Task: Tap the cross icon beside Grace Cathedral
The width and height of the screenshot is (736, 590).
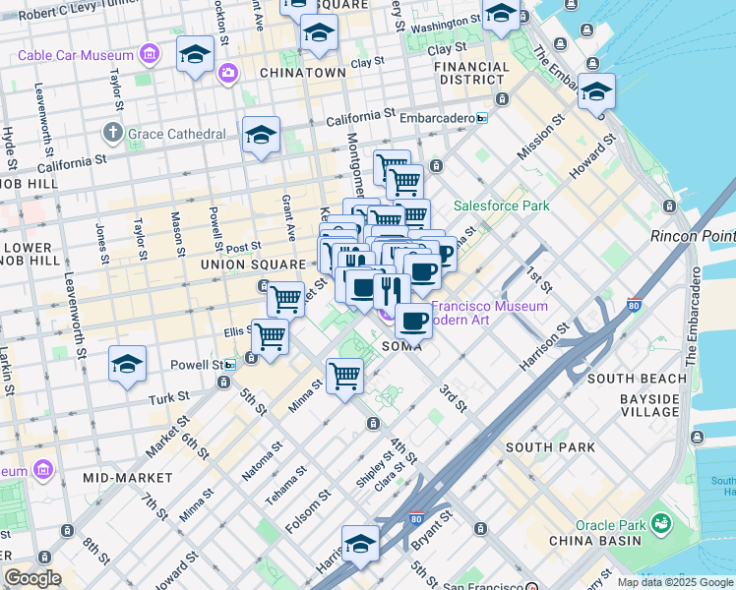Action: click(x=113, y=132)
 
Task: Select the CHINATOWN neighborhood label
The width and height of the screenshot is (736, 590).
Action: click(x=302, y=73)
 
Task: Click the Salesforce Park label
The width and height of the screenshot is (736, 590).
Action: click(x=501, y=206)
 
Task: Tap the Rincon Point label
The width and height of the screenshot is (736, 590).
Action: click(x=693, y=236)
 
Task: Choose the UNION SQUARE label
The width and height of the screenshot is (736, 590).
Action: click(x=253, y=265)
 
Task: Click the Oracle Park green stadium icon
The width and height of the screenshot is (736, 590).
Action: click(x=659, y=520)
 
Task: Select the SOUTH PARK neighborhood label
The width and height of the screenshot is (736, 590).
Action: click(x=550, y=447)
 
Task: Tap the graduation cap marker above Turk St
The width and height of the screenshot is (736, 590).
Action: click(x=127, y=365)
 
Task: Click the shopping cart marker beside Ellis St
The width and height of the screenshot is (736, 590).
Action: click(x=270, y=336)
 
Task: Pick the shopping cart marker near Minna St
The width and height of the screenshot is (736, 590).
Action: click(x=343, y=376)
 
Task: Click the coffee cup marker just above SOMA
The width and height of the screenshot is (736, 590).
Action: click(x=413, y=320)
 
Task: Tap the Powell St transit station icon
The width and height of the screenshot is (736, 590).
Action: click(x=230, y=364)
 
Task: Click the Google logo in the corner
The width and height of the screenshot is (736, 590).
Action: click(x=31, y=578)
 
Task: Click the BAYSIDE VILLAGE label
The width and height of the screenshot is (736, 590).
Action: click(x=649, y=405)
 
